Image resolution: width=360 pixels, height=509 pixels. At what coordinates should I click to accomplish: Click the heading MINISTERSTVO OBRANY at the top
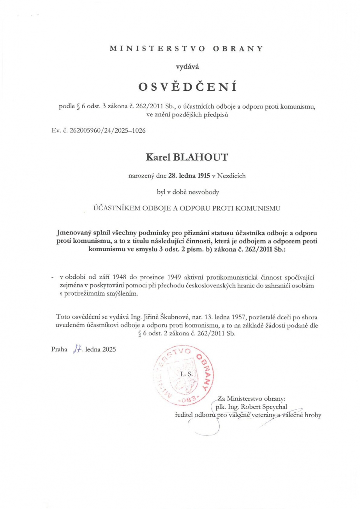point(187,49)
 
